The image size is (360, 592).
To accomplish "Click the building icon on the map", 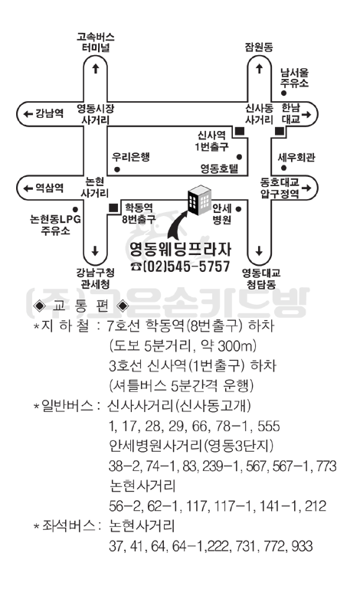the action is click(x=200, y=200).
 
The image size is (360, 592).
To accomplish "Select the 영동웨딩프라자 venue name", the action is click(x=180, y=249).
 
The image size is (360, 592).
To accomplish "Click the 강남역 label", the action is click(x=49, y=113).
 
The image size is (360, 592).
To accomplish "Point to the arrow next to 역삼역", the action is click(x=28, y=188).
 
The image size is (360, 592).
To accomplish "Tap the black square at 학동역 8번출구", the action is click(x=113, y=208).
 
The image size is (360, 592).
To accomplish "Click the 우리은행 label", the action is click(x=131, y=157).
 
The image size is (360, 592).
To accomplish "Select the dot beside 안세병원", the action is click(x=238, y=209).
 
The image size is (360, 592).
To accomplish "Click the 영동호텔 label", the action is click(x=220, y=168).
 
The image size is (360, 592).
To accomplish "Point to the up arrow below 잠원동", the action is click(x=259, y=69).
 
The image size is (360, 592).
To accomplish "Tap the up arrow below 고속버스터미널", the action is click(x=96, y=68).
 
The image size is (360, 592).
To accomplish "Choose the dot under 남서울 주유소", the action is click(x=283, y=93).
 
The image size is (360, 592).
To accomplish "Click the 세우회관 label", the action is click(x=296, y=157).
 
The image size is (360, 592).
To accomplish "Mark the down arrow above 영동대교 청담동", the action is click(x=259, y=250).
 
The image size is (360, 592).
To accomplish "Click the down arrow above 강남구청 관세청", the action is click(x=95, y=250).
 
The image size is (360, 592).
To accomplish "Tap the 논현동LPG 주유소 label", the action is click(x=55, y=224).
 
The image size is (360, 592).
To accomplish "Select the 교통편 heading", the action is click(x=80, y=306).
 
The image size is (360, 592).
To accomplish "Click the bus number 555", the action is click(x=269, y=426).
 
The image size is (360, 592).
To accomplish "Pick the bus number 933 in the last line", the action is click(x=303, y=546).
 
